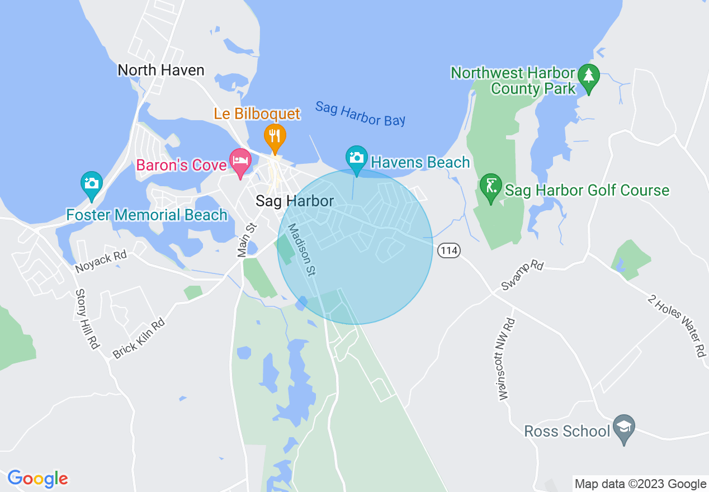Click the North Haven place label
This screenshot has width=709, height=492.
(161, 70)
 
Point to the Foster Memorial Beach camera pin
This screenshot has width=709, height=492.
(92, 184)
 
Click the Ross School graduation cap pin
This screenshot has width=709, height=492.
(624, 428)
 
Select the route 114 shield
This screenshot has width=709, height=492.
(449, 250)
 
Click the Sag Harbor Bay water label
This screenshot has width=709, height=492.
(360, 113)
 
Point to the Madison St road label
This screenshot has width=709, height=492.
(302, 249)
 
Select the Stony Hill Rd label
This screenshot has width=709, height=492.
(88, 319)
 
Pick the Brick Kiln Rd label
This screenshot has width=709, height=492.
(139, 338)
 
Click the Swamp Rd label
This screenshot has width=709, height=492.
(522, 275)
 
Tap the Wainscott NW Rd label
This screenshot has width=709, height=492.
(507, 359)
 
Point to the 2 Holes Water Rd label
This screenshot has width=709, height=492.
(677, 325)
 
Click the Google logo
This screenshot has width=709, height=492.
(37, 479)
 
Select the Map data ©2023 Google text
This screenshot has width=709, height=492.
(641, 484)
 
